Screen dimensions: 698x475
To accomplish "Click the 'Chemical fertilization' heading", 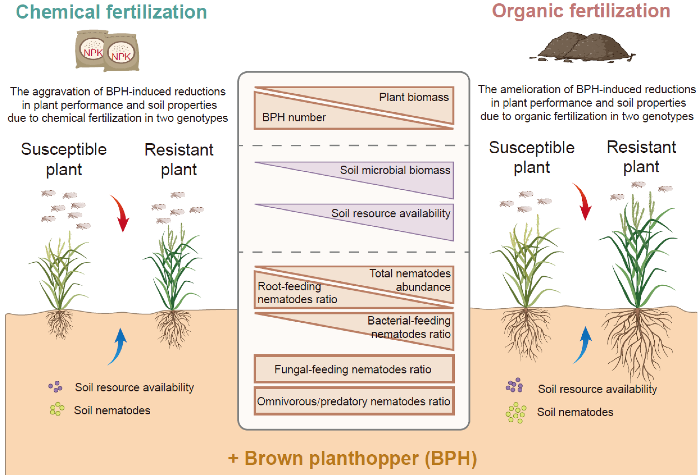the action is tap(112, 12).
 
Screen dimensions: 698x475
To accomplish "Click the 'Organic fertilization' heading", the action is tap(581, 11).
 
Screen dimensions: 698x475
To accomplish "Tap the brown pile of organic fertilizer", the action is tap(582, 47).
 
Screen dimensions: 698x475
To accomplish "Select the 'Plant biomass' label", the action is tap(413, 97).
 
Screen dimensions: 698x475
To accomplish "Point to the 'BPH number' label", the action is tap(294, 117).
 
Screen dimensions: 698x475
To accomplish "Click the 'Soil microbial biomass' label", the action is tap(395, 170).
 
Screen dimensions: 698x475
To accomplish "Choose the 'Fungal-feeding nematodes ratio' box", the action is tap(354, 369).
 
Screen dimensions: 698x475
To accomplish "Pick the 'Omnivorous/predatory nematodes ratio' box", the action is tap(354, 401).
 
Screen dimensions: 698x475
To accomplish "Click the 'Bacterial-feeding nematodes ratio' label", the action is tap(409, 327).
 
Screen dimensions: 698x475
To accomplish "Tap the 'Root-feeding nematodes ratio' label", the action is tap(297, 293).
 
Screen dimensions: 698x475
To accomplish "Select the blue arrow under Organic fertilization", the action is tap(583, 345).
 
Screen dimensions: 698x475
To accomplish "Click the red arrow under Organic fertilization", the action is tap(583, 201).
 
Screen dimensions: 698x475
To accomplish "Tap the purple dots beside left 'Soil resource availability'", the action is tap(56, 387).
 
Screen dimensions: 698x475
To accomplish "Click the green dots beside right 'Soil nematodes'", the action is tap(516, 413).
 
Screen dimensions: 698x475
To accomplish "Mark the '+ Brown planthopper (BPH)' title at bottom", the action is tap(352, 458).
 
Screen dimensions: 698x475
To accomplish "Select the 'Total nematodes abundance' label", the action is tap(410, 280).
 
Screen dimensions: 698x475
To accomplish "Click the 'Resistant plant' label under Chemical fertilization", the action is tap(179, 159).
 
